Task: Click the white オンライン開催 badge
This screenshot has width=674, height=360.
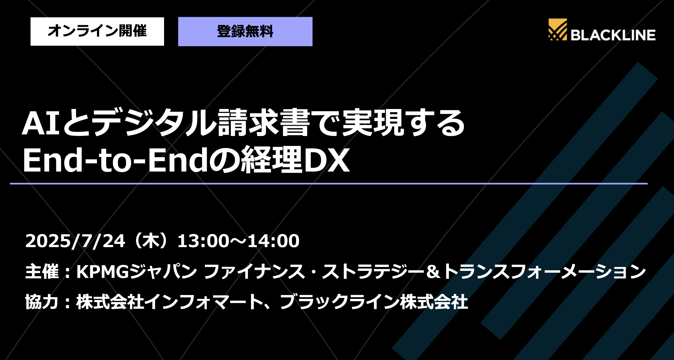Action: coord(97,31)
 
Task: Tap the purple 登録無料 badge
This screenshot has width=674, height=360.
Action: coord(245,32)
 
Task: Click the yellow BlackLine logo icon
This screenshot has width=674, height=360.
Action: coord(557,29)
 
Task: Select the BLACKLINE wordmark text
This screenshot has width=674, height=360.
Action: coord(613,35)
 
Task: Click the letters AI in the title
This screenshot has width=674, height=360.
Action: coord(40,124)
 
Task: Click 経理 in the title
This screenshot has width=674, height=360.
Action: coord(271,160)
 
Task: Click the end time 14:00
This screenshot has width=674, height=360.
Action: coord(273,241)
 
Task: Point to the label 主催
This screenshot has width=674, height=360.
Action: coord(42,272)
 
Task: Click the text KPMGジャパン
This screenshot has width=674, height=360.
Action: coord(136,272)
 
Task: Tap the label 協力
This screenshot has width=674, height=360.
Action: coord(42,302)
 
